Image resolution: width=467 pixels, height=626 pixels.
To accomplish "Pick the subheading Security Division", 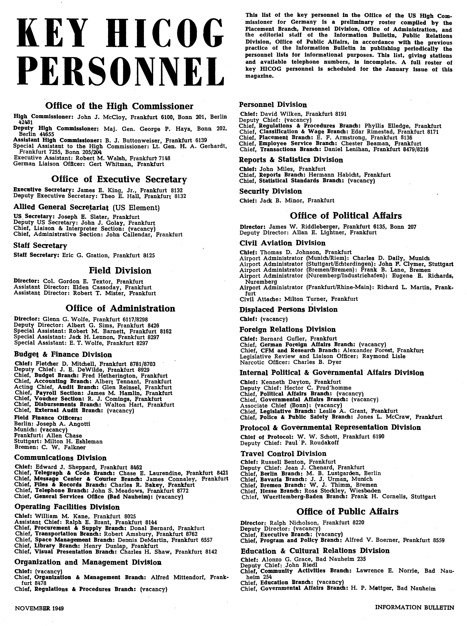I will point(271,191).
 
